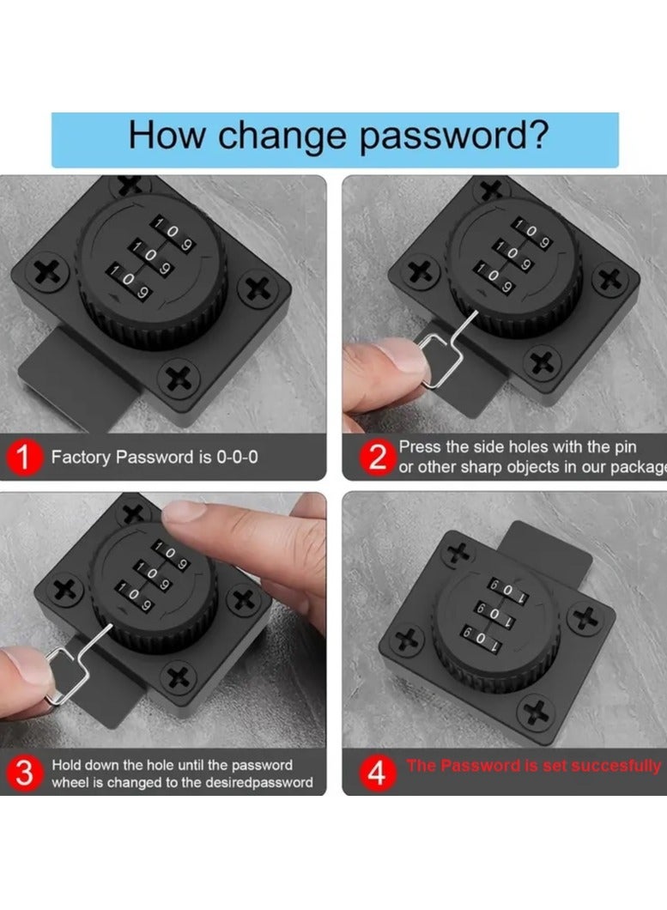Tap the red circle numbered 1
pos(24,457)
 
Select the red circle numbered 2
pos(378,458)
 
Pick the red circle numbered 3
pos(24,773)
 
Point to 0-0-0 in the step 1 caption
pos(237,458)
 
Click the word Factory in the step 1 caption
pos(81,458)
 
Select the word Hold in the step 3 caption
pos(68,765)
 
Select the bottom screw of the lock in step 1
pos(179,379)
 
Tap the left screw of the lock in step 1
pos(47,272)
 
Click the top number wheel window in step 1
pos(173,234)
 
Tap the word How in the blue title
pos(167,135)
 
